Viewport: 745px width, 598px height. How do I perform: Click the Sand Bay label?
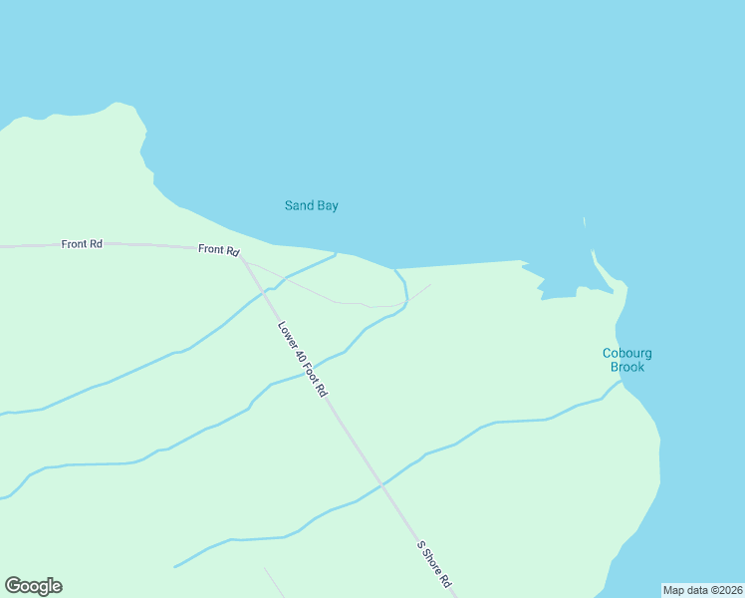[x=312, y=206]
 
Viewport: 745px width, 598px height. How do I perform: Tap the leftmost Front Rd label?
[x=82, y=243]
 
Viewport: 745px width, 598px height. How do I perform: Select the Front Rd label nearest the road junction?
[x=218, y=249]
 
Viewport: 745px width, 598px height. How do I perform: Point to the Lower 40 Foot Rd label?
[x=303, y=359]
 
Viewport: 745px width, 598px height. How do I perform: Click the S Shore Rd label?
[x=435, y=564]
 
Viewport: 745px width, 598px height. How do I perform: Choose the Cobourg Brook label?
[x=627, y=360]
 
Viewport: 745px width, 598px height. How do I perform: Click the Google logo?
[x=33, y=586]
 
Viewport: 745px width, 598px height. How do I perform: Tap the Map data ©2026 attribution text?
[x=703, y=590]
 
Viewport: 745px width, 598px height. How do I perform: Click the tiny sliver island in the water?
[x=585, y=222]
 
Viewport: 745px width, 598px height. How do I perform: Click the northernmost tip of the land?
[x=120, y=103]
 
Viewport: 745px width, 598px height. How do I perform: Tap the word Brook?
[x=627, y=367]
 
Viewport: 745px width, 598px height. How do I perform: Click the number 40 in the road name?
[x=295, y=348]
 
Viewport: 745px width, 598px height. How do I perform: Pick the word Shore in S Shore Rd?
[x=436, y=565]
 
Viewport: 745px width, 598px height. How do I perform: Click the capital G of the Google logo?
[x=13, y=586]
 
